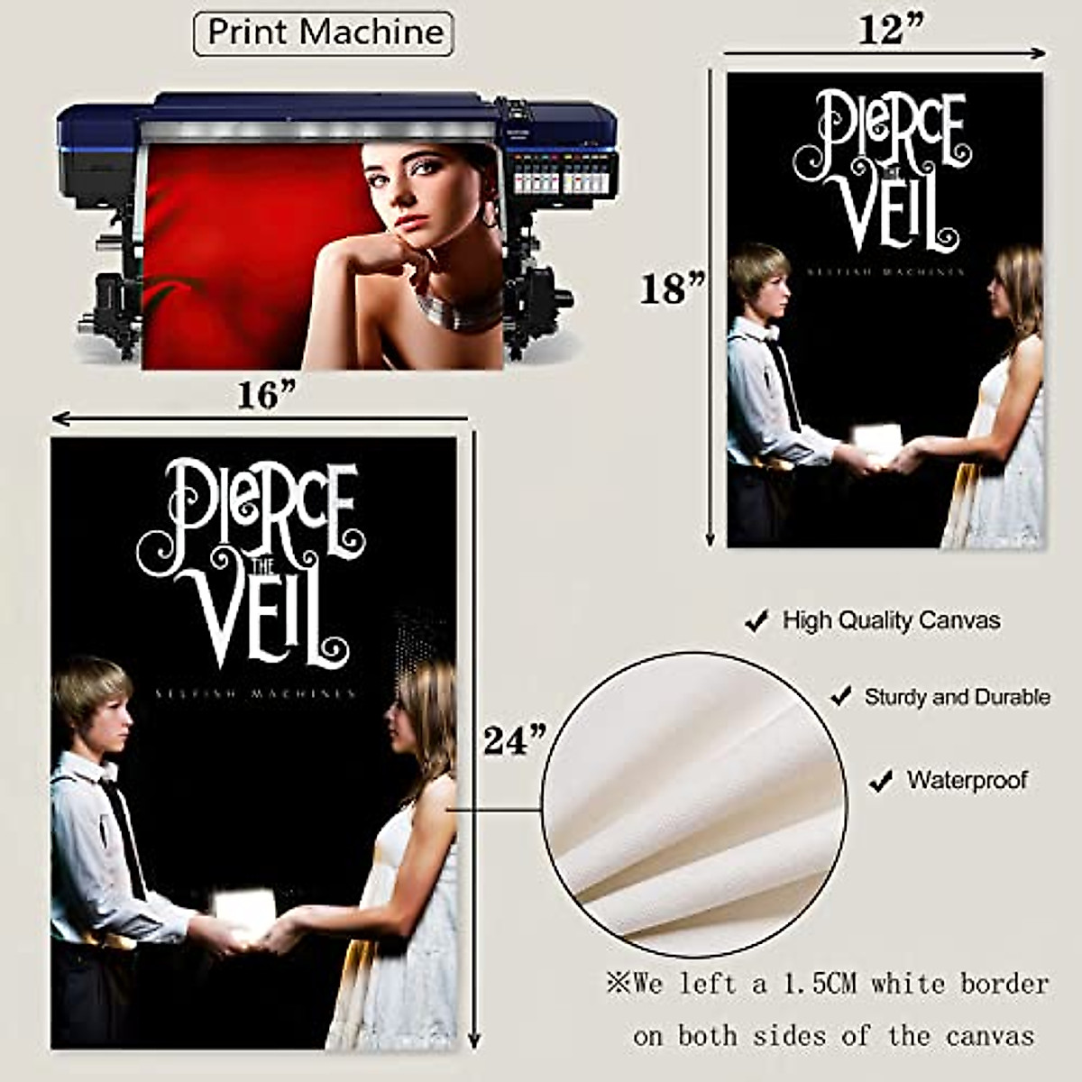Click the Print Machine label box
tap(324, 33)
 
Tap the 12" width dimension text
tap(890, 29)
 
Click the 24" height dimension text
tap(515, 740)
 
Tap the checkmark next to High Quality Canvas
tap(756, 621)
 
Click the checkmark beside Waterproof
tap(880, 781)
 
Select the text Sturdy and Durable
tap(957, 697)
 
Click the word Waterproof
tap(967, 780)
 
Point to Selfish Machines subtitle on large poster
tap(254, 694)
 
